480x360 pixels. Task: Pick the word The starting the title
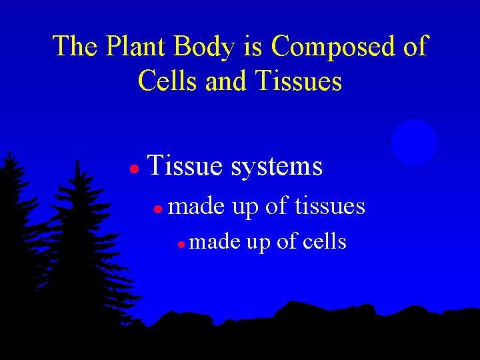tap(73, 47)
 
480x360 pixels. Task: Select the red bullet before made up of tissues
tap(157, 209)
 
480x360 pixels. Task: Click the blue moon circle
tap(415, 142)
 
